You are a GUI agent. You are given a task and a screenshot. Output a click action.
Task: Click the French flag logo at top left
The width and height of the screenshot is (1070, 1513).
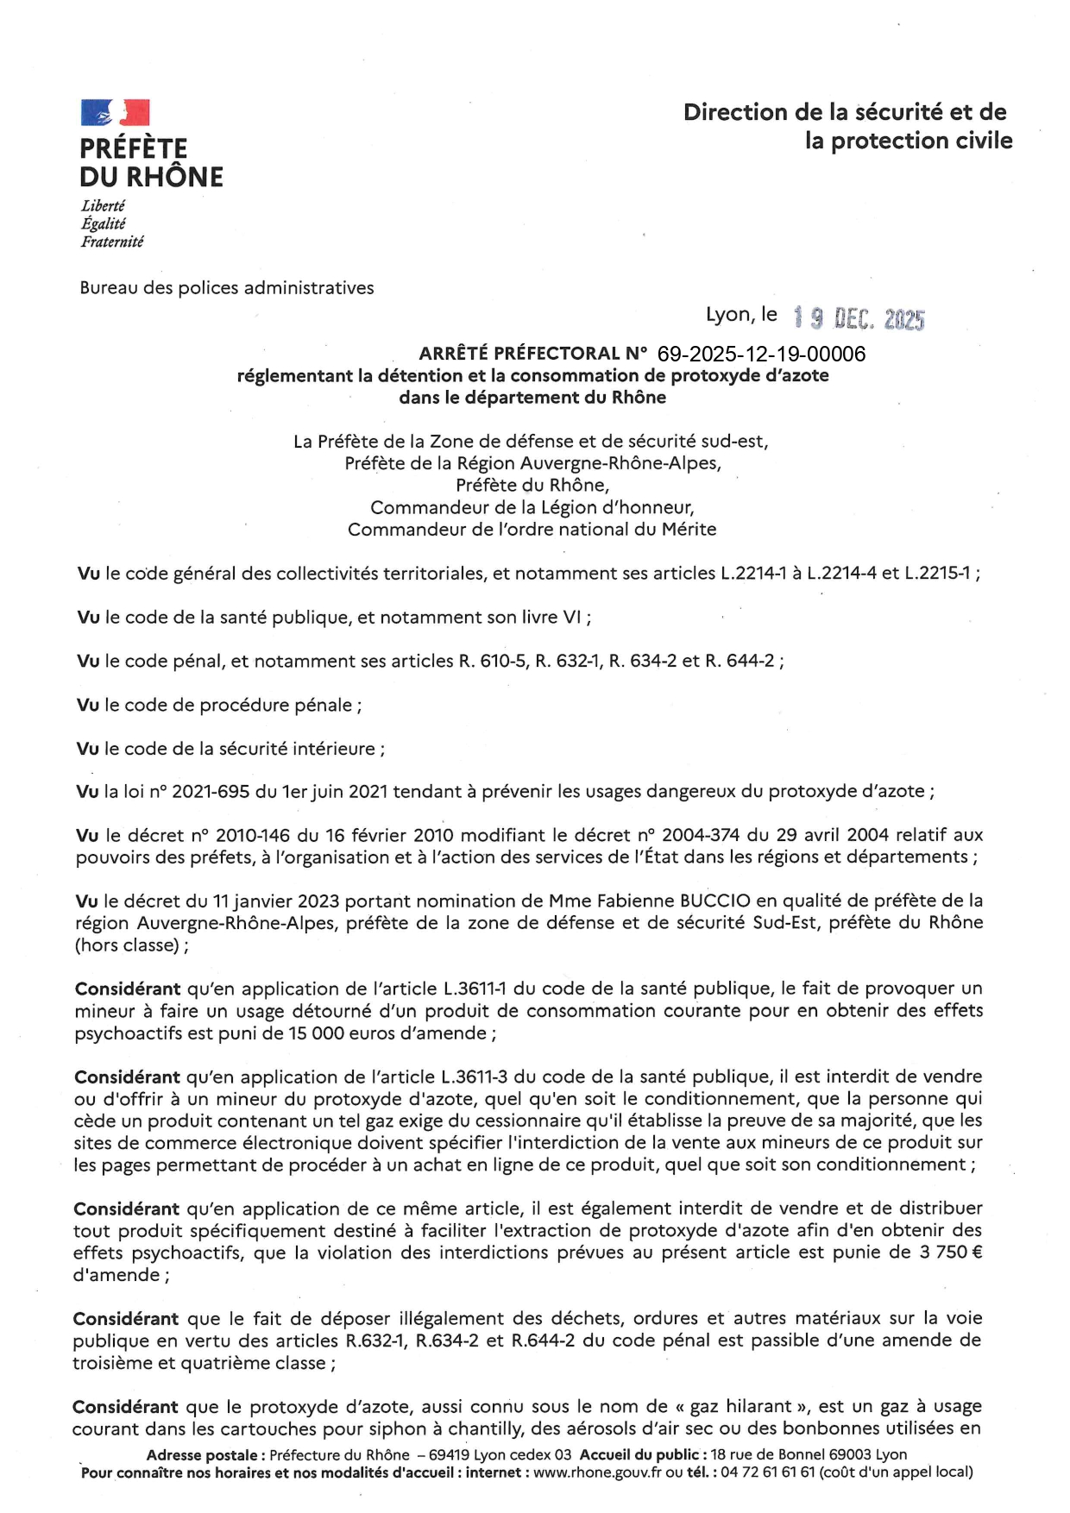tap(115, 113)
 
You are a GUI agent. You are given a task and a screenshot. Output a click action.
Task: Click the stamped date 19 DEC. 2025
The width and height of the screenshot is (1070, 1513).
tap(859, 319)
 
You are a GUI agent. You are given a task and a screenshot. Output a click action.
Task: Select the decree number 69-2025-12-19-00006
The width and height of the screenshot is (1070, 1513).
tap(761, 354)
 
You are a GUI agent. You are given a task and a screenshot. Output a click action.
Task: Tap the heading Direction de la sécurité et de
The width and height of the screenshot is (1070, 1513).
tap(844, 112)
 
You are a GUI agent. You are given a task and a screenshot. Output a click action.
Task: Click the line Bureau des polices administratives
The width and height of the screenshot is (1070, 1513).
tap(227, 288)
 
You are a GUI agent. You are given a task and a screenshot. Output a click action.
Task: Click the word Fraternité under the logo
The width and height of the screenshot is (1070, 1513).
tap(112, 242)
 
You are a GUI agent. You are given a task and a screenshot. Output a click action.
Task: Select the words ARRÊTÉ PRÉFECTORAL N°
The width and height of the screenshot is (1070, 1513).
tap(532, 354)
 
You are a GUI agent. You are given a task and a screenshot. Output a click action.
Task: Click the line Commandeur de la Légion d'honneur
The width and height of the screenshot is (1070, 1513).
tap(532, 507)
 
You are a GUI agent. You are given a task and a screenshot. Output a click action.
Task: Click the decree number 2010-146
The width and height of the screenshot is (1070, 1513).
tap(254, 835)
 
